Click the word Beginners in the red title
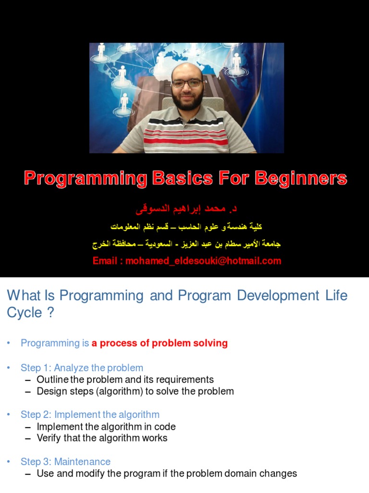tap(301, 179)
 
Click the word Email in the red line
tap(105, 261)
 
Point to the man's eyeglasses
tap(186, 83)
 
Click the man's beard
tap(187, 101)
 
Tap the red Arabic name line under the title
tap(187, 210)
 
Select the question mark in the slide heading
tap(50, 312)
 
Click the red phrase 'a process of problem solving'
tap(160, 343)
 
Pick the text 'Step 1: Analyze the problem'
tap(82, 368)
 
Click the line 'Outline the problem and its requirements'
tap(125, 379)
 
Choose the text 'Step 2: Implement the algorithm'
tap(90, 415)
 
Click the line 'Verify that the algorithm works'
tap(102, 438)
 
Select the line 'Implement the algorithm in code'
tap(106, 426)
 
